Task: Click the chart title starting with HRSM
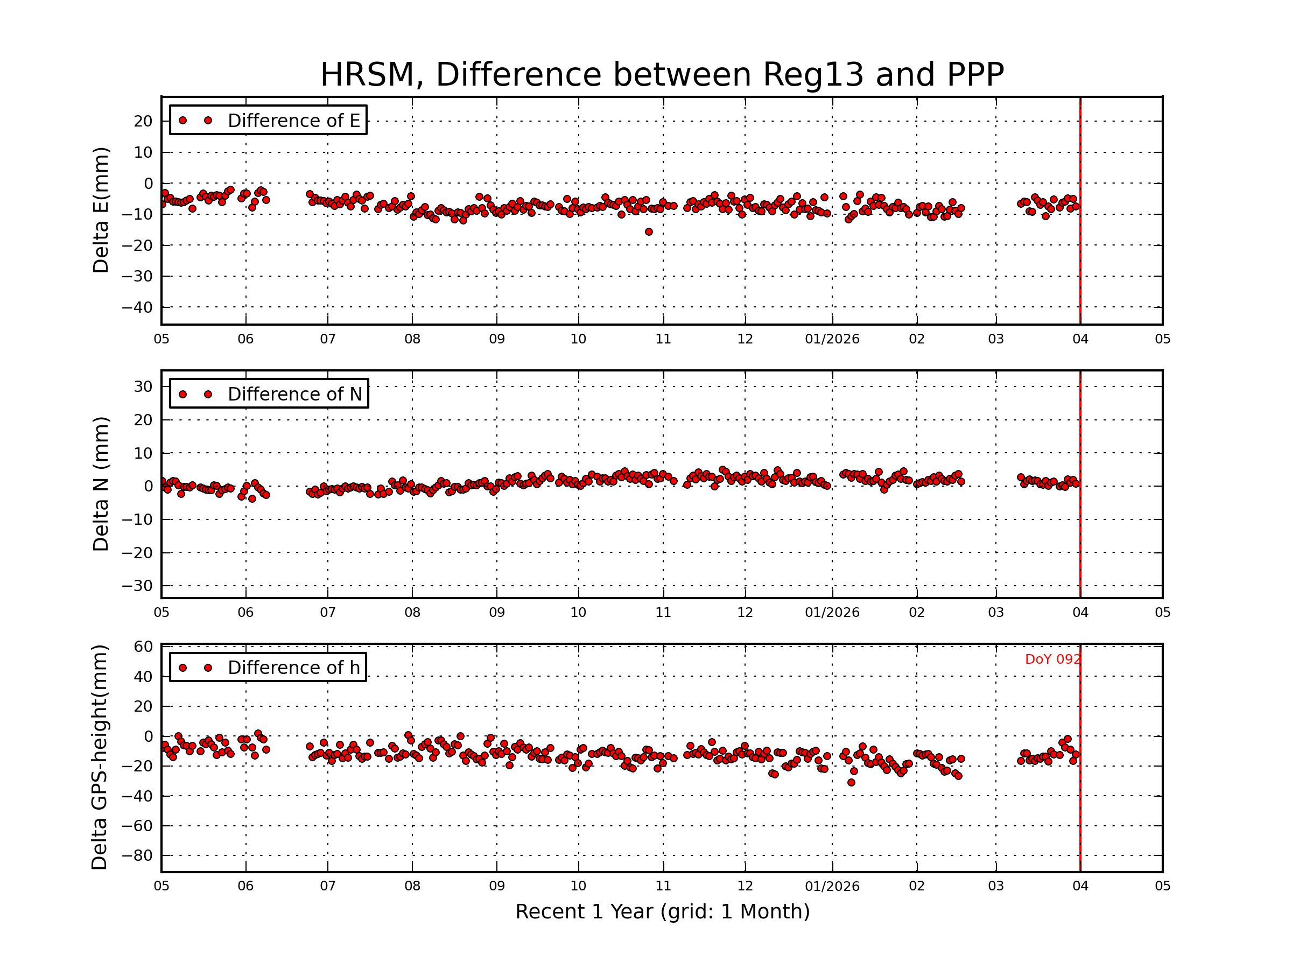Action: point(662,75)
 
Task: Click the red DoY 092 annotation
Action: point(1052,659)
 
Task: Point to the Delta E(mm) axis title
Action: point(101,210)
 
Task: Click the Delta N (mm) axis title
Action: point(101,483)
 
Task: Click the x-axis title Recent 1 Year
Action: point(662,912)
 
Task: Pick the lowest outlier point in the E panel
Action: point(649,232)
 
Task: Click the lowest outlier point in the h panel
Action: point(851,782)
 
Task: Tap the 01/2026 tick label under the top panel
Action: point(832,339)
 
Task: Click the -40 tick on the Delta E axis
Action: point(137,307)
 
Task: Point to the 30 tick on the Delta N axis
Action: point(143,387)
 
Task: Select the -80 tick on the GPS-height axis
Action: point(137,856)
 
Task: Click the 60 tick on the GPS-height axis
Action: point(143,647)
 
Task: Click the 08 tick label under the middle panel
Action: point(412,613)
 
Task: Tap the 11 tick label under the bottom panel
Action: point(663,886)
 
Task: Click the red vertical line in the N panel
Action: point(1080,525)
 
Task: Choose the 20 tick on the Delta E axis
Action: point(143,122)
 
